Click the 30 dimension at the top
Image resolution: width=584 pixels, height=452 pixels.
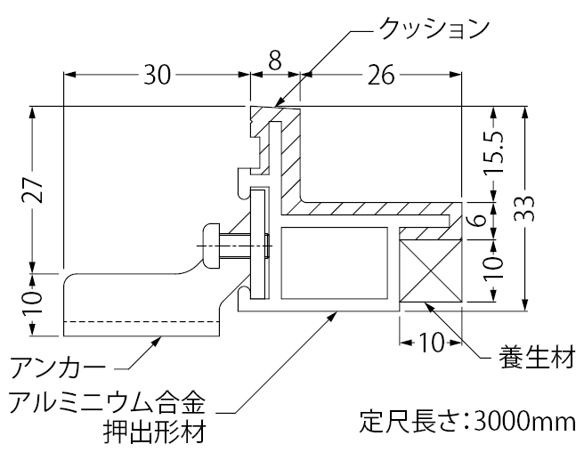click(157, 76)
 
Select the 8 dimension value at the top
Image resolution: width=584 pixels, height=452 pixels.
click(274, 61)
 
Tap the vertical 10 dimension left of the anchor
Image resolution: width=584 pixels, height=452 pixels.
click(32, 300)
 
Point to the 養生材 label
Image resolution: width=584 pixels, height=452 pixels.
click(535, 359)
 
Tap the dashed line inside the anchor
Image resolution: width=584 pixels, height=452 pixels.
click(142, 321)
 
